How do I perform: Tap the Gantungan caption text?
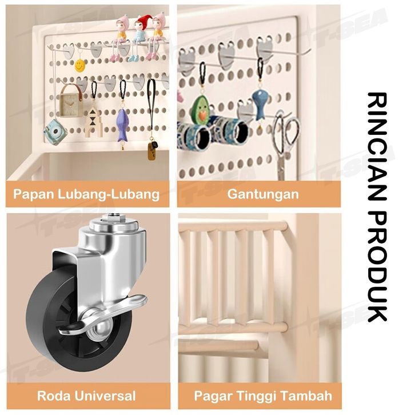pos(263,194)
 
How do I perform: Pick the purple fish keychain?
pos(122,125)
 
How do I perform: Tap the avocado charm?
pos(200,108)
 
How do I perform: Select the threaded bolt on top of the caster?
pos(111,219)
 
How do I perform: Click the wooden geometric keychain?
pos(93,122)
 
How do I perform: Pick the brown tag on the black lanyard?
pos(151,151)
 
